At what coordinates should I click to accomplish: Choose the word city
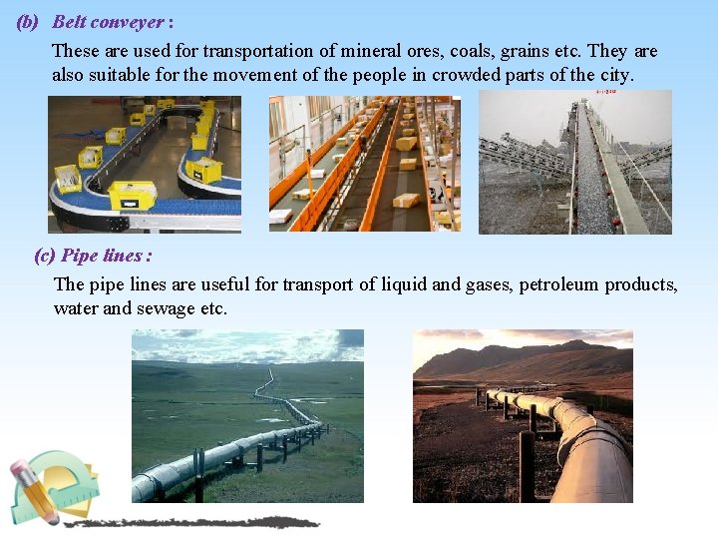pyautogui.click(x=617, y=75)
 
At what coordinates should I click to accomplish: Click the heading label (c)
pyautogui.click(x=45, y=256)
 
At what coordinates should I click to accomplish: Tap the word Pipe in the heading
pyautogui.click(x=79, y=256)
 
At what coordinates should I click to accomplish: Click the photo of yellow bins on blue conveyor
pyautogui.click(x=145, y=164)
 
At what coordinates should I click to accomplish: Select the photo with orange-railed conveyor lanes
pyautogui.click(x=364, y=164)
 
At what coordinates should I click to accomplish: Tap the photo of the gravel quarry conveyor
pyautogui.click(x=575, y=163)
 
